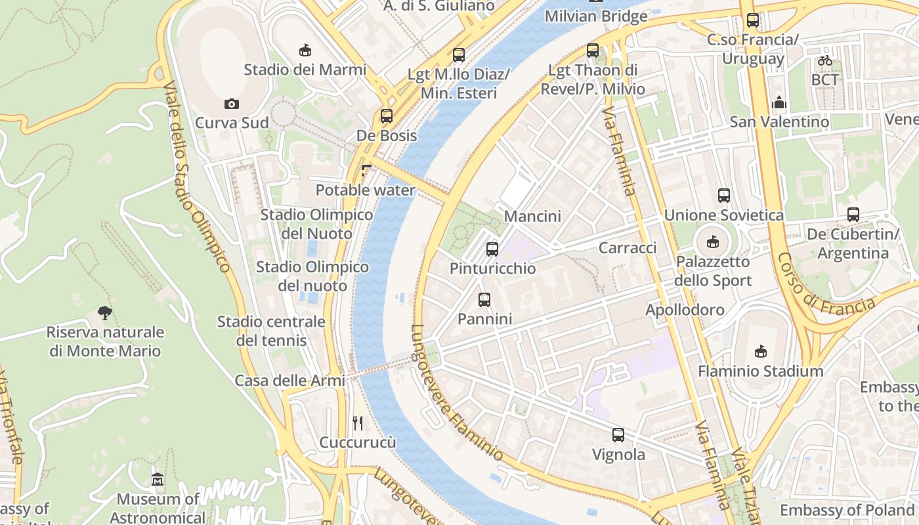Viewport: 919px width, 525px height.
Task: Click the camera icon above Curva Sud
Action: [231, 104]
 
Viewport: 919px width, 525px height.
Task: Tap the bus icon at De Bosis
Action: [387, 116]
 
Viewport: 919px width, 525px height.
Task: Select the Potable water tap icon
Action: [366, 171]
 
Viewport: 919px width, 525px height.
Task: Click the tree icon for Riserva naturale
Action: [104, 312]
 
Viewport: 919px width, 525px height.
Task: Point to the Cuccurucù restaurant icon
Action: [358, 423]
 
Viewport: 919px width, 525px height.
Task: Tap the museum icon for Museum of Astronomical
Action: [158, 480]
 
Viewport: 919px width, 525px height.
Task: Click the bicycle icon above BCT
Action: [825, 60]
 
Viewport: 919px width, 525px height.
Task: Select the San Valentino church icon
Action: [779, 102]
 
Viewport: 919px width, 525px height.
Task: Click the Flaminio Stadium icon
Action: [760, 352]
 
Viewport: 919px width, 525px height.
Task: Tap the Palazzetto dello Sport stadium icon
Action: [713, 242]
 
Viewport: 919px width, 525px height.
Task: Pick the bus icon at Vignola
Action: [618, 434]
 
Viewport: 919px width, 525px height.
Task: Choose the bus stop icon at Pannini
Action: [484, 299]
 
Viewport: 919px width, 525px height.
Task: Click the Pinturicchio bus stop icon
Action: [492, 249]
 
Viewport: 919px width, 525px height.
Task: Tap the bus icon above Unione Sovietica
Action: [724, 196]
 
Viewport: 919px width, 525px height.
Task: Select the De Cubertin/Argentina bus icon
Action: [853, 214]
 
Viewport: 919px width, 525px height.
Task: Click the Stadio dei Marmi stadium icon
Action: [305, 50]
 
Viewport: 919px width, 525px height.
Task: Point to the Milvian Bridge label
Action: [596, 16]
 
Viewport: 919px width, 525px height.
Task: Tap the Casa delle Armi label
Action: [289, 381]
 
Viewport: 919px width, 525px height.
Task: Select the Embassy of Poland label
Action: [847, 510]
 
